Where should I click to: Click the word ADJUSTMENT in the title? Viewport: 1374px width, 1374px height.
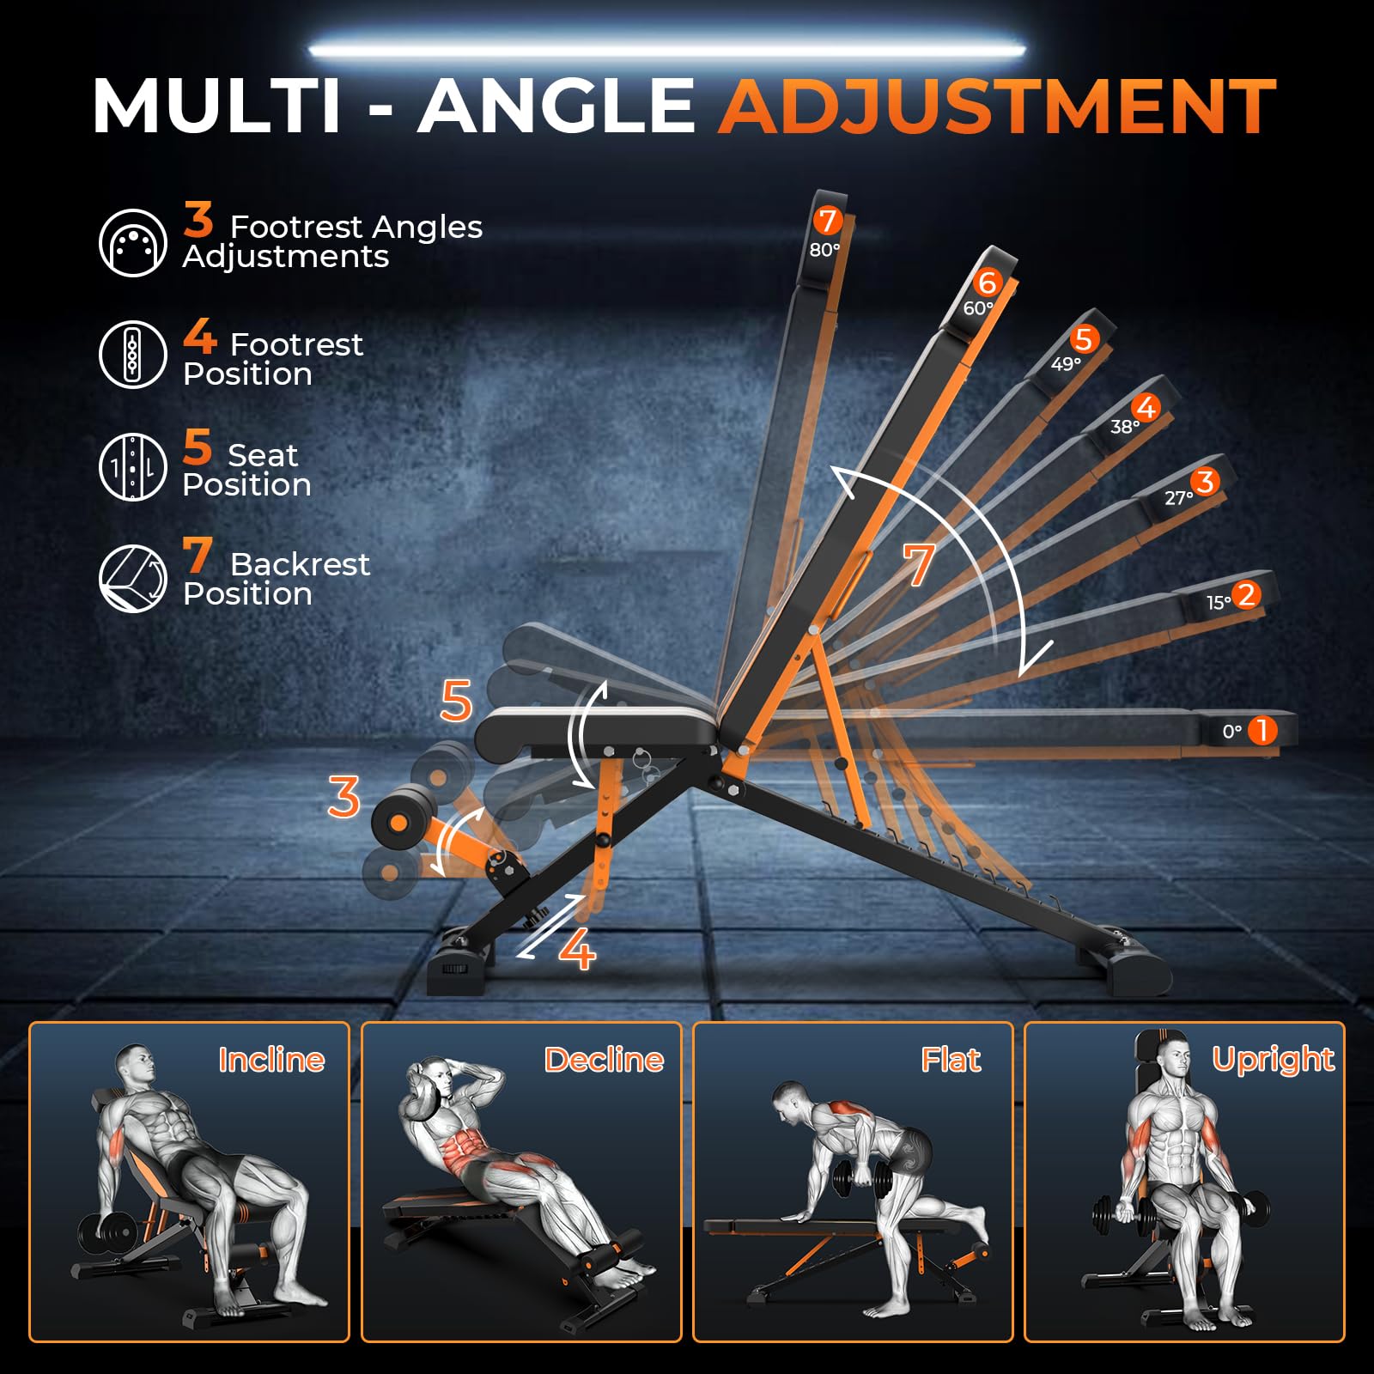click(x=998, y=106)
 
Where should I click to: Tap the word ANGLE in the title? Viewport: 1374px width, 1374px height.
click(x=556, y=106)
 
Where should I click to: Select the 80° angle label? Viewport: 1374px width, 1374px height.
click(x=824, y=250)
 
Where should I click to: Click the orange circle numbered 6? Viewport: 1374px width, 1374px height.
click(x=988, y=282)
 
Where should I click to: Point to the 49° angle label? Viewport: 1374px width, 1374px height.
click(x=1066, y=364)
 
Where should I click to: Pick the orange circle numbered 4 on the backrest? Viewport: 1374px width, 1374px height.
click(x=1146, y=407)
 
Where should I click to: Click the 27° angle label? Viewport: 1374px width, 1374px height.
click(x=1179, y=498)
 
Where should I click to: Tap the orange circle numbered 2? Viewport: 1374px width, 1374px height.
click(x=1246, y=594)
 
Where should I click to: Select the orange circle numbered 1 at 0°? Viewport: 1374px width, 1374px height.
click(x=1262, y=731)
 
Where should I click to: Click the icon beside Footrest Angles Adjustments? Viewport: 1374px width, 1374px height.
click(x=132, y=243)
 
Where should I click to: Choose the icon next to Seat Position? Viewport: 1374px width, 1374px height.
click(x=132, y=466)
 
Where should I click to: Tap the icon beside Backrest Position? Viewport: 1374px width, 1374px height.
click(x=132, y=578)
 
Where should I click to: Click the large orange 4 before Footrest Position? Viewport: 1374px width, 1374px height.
click(x=199, y=336)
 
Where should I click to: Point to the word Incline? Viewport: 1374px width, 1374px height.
click(x=271, y=1060)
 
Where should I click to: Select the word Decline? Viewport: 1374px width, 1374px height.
click(x=604, y=1060)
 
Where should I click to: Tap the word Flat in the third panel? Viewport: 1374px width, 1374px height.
click(x=951, y=1060)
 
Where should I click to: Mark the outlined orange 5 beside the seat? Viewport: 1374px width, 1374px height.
click(x=456, y=700)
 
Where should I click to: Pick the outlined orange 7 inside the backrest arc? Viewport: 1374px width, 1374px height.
click(x=918, y=564)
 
